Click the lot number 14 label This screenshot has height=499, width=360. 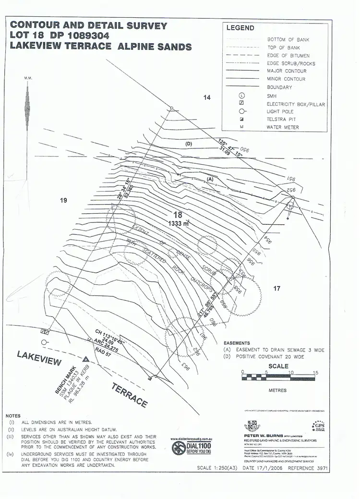[207, 97]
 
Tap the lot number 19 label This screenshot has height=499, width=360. [63, 200]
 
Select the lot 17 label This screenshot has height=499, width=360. [276, 289]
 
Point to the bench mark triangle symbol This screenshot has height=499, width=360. [86, 359]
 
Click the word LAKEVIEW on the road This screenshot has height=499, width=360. [39, 360]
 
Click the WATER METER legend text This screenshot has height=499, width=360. [283, 127]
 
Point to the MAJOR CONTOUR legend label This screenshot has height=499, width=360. [286, 71]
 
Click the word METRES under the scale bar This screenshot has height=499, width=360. [277, 390]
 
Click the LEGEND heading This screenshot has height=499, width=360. [240, 28]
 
